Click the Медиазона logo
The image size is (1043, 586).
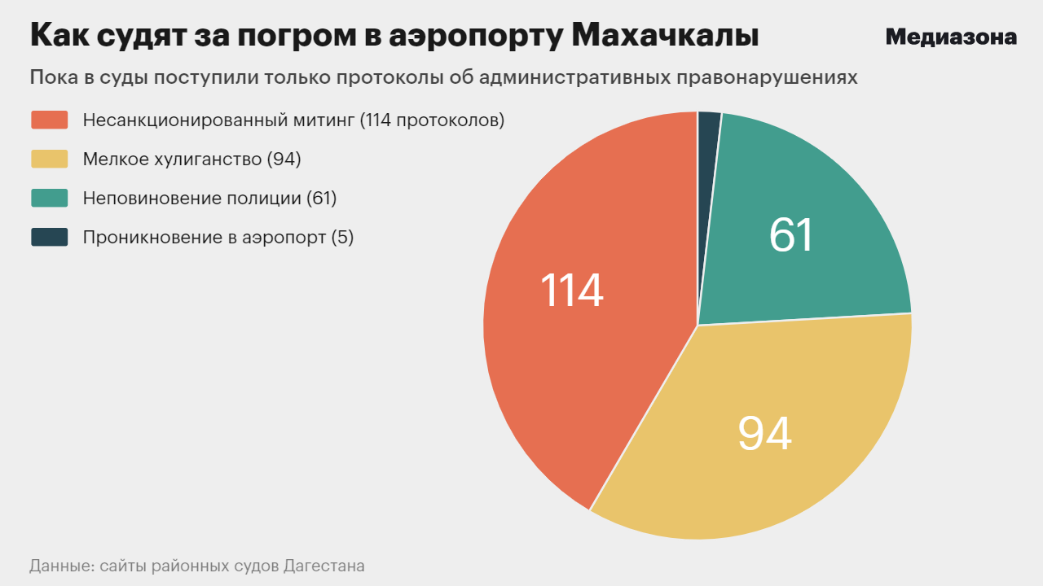[951, 37]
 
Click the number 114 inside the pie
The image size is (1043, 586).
[572, 291]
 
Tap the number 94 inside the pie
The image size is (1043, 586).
[764, 433]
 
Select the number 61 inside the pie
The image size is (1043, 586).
[791, 234]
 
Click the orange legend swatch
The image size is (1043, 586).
[49, 120]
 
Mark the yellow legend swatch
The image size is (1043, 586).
[49, 159]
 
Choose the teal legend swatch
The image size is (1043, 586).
[49, 198]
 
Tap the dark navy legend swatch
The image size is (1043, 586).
[49, 237]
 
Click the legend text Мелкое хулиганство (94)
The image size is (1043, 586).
[192, 159]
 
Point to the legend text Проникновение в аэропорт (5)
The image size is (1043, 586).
[218, 237]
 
